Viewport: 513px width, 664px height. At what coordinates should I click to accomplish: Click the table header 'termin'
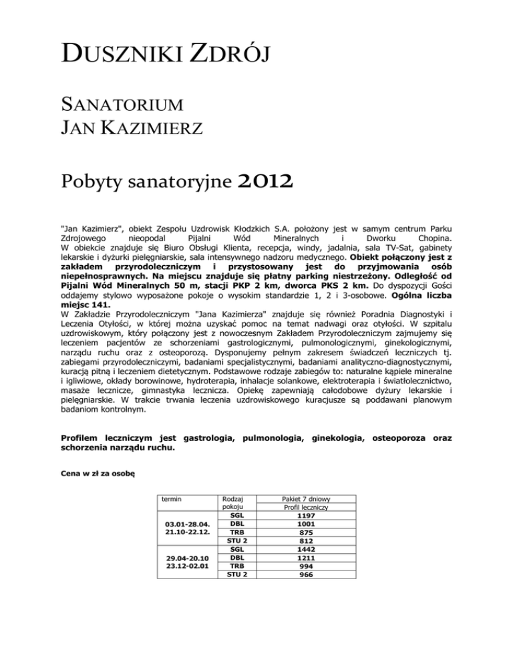[172, 498]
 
